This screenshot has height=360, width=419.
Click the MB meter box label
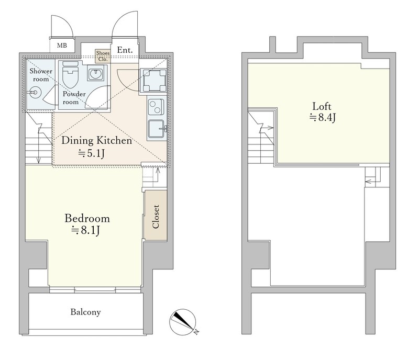coord(62,46)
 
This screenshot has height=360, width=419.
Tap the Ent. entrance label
coord(125,50)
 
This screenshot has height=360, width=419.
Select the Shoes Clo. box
coord(103,56)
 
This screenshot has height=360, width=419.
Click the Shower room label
coord(41,75)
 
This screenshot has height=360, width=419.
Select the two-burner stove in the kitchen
coord(156,107)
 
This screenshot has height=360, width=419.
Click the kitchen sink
coord(157,129)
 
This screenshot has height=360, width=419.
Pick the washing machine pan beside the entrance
coord(153,80)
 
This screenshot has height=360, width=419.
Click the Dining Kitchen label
coord(97,140)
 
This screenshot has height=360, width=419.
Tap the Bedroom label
coord(87,218)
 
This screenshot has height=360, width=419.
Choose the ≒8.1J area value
coord(85,230)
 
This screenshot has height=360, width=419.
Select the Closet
coord(156,215)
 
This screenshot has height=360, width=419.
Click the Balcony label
coord(85,312)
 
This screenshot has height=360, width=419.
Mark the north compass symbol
coord(183,322)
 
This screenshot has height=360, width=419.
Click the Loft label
coord(322,107)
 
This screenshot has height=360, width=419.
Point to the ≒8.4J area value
coord(323,118)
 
